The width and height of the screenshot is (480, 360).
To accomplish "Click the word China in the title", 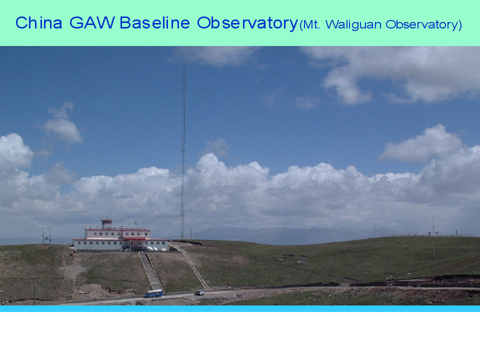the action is click(x=39, y=23).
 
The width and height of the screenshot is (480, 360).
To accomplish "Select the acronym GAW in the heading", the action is click(x=92, y=23).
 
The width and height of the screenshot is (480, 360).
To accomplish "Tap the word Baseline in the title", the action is click(x=154, y=23).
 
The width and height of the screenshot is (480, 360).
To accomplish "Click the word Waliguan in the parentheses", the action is click(x=353, y=24).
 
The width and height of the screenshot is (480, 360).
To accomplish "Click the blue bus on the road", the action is click(x=153, y=293).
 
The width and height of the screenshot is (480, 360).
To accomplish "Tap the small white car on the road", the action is click(x=199, y=292).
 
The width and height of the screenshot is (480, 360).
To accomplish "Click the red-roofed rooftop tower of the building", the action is click(x=106, y=223).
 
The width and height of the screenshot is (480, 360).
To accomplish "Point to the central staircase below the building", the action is click(x=151, y=272).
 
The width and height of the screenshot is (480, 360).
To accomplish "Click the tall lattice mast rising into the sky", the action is click(x=183, y=151).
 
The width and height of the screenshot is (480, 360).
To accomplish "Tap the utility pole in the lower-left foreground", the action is click(x=34, y=295).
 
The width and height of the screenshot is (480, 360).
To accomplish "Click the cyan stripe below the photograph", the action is click(x=240, y=308).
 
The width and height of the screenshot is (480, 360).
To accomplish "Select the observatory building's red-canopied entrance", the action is click(x=134, y=243).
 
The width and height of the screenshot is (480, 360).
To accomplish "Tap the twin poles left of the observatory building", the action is click(x=46, y=235).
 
